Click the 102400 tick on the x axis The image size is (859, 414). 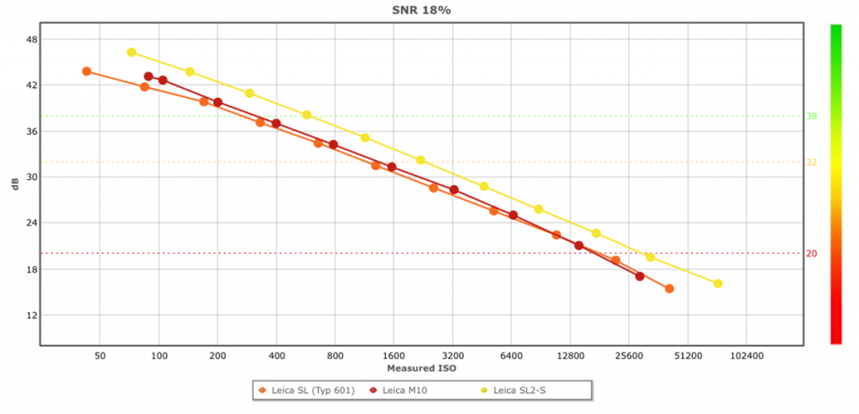click(747, 356)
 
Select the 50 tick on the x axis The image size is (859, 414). click(101, 356)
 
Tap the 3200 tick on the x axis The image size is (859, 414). click(453, 356)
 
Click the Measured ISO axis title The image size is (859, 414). click(421, 369)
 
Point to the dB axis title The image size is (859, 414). click(13, 185)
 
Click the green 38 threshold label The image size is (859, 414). click(812, 116)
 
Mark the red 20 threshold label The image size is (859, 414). click(812, 254)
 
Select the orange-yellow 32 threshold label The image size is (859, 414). click(812, 163)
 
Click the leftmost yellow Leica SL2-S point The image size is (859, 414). click(132, 52)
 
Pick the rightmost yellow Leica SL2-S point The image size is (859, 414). click(718, 283)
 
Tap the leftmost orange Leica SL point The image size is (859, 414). click(86, 71)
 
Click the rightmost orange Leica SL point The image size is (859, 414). click(669, 289)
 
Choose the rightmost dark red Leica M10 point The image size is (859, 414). click(640, 277)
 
